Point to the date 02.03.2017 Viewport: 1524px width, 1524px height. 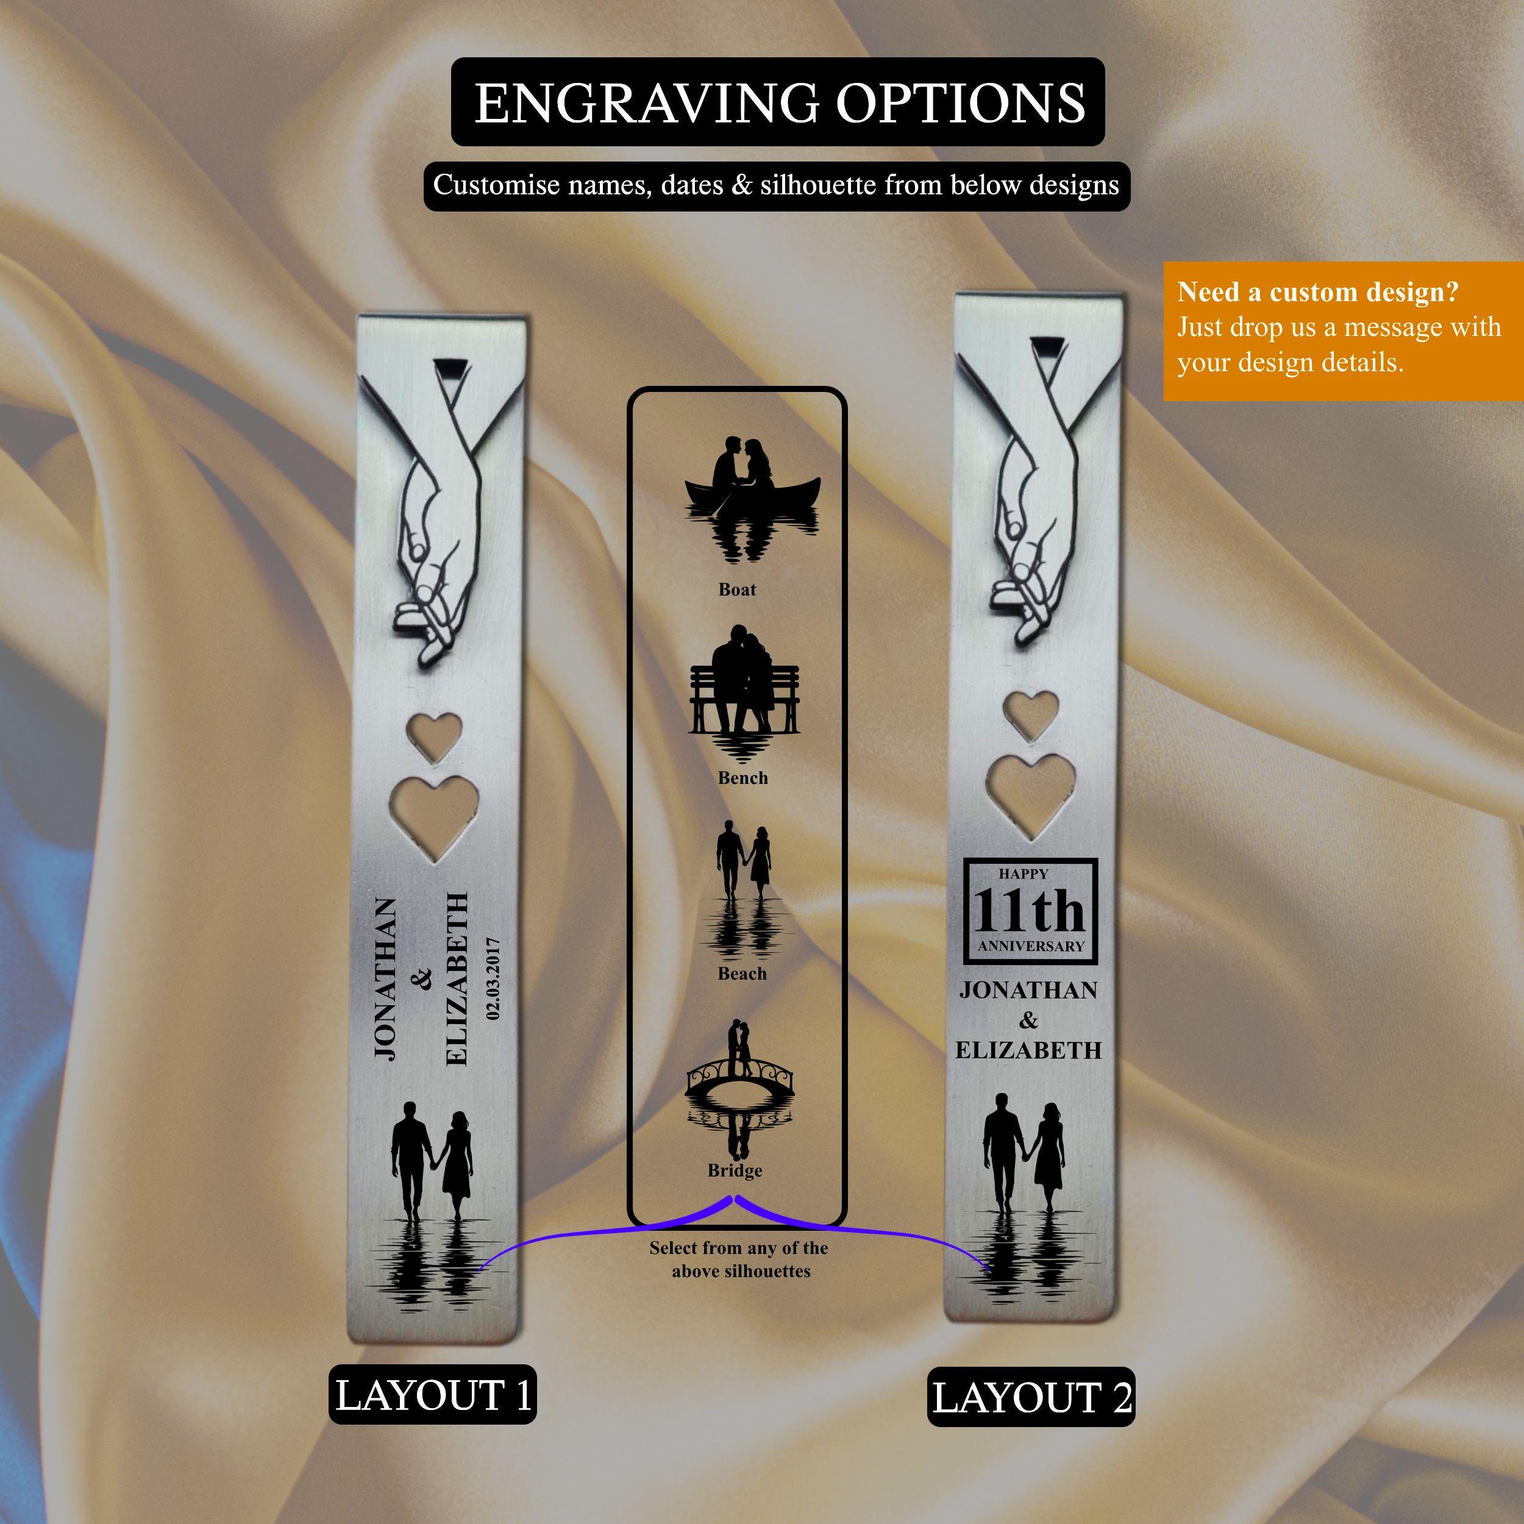[494, 978]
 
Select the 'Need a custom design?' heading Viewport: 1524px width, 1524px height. [1317, 293]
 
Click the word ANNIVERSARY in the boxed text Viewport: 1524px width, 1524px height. [1031, 947]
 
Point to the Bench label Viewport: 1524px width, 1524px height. [742, 778]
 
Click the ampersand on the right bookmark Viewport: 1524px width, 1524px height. [1028, 1020]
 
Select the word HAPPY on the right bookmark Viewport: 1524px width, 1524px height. [1023, 874]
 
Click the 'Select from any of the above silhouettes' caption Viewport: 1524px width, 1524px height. [739, 1259]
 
